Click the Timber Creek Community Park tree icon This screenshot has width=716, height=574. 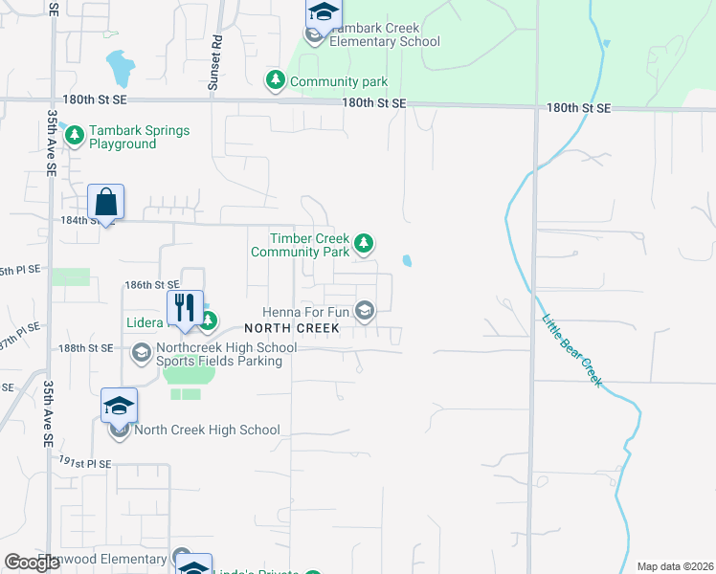[364, 244]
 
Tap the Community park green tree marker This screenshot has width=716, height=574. [276, 80]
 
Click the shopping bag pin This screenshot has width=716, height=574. [106, 203]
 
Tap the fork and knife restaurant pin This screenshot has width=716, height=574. [186, 308]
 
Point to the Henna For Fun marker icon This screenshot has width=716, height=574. [364, 310]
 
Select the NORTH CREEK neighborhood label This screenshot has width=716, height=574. [298, 328]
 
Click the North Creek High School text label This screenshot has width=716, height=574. [207, 430]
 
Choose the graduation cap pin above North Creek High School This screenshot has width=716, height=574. [120, 407]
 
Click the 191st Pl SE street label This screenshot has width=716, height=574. [85, 462]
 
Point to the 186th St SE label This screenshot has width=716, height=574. [152, 285]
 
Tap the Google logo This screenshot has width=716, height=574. [33, 563]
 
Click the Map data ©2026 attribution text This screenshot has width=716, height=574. [675, 566]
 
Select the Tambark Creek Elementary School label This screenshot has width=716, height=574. [384, 34]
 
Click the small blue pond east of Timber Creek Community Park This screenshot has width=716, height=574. [408, 261]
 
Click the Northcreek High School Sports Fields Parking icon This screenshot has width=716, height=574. [142, 353]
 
